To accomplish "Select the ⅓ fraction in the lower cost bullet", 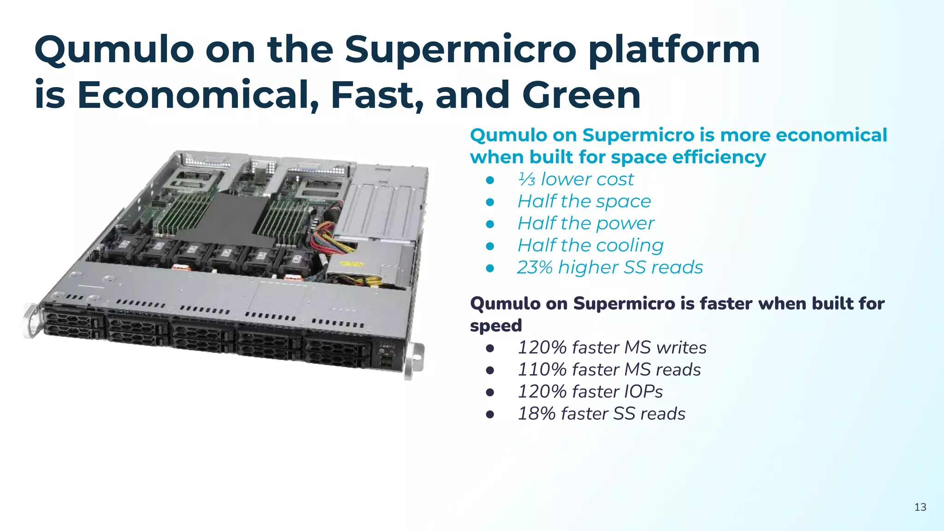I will tap(526, 179).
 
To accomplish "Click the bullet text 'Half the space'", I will tap(584, 201).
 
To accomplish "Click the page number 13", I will tap(920, 507).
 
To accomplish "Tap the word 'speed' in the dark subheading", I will tap(496, 325).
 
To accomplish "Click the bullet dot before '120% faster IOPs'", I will tap(490, 392).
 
